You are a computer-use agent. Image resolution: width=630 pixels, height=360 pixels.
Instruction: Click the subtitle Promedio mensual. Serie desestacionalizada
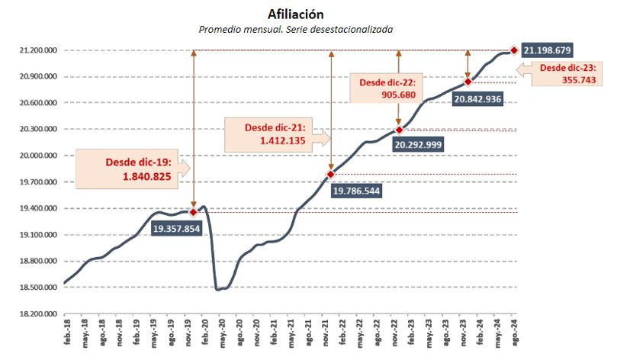point(295,29)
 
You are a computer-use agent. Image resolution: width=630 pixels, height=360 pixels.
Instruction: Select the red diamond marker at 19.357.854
point(193,212)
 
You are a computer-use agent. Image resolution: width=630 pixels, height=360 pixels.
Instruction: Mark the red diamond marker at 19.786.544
point(331,175)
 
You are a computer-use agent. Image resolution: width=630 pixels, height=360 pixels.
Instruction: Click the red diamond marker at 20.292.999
point(399,130)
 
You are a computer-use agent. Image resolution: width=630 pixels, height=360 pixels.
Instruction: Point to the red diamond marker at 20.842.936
point(468,82)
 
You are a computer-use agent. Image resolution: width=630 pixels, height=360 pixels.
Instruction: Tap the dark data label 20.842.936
point(477,98)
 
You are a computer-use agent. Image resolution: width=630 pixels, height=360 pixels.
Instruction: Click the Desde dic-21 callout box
point(276,134)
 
